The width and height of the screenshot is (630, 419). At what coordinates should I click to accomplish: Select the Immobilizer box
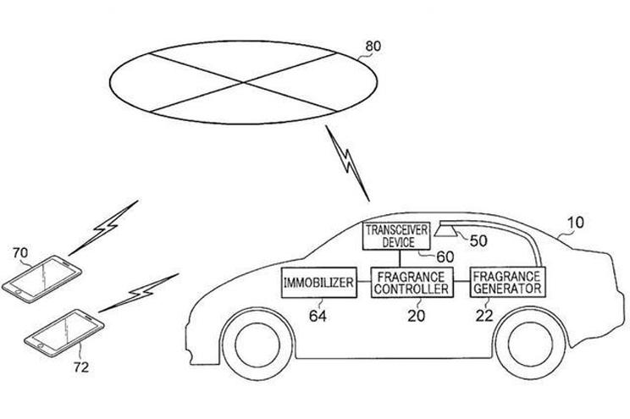click(318, 282)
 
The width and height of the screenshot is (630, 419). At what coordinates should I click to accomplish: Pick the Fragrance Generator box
click(507, 282)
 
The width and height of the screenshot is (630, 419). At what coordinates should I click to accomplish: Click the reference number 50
click(478, 240)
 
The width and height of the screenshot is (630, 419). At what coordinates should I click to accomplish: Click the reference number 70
click(21, 251)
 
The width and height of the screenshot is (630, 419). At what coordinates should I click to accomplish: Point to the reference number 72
click(80, 367)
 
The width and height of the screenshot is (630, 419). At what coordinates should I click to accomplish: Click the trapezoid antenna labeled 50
click(445, 229)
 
